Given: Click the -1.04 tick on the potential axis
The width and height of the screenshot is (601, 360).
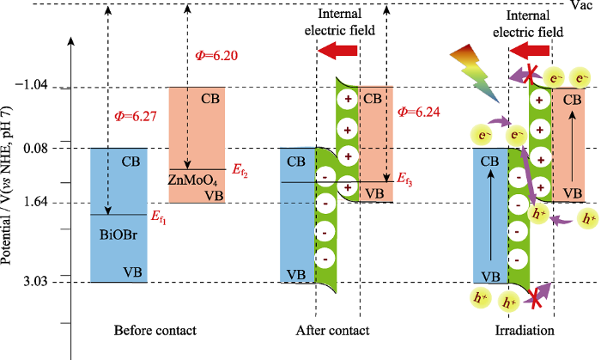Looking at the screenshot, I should [39, 87].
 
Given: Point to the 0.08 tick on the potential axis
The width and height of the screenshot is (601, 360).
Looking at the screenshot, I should [45, 148].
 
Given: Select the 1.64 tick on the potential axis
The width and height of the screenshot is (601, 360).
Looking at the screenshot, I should [45, 203].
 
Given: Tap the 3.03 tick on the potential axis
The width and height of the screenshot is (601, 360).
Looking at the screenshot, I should [45, 281].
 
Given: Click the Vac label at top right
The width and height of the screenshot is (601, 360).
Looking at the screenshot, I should [581, 6].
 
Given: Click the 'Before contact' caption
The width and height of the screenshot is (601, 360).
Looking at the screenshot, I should [155, 330].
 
